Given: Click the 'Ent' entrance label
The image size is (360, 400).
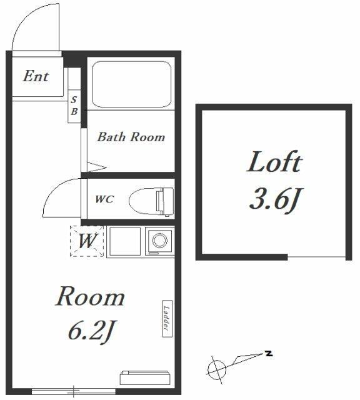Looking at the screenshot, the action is (x=36, y=76).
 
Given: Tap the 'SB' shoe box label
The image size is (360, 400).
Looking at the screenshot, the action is (x=74, y=106).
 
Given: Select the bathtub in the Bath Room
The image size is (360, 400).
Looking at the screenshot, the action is (x=132, y=84).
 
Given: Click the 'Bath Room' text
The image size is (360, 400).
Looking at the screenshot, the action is (x=131, y=137).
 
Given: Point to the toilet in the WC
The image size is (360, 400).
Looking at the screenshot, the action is (x=151, y=202).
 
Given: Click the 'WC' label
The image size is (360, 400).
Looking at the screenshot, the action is (x=104, y=199).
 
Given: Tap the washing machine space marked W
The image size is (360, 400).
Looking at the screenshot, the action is (x=87, y=241).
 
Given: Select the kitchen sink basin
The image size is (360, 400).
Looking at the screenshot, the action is (x=125, y=241).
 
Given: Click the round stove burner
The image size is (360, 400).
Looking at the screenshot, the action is (x=160, y=240).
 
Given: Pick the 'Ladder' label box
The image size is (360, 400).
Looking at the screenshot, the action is (x=167, y=319).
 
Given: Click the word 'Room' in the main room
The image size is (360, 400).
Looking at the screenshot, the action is (x=91, y=297).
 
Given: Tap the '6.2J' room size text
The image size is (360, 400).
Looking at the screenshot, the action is (x=91, y=331).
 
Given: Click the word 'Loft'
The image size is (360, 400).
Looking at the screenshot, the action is (x=274, y=162).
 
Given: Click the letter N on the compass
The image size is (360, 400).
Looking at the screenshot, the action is (x=269, y=354).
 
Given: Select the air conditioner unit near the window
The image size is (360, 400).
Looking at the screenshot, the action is (x=145, y=377).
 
